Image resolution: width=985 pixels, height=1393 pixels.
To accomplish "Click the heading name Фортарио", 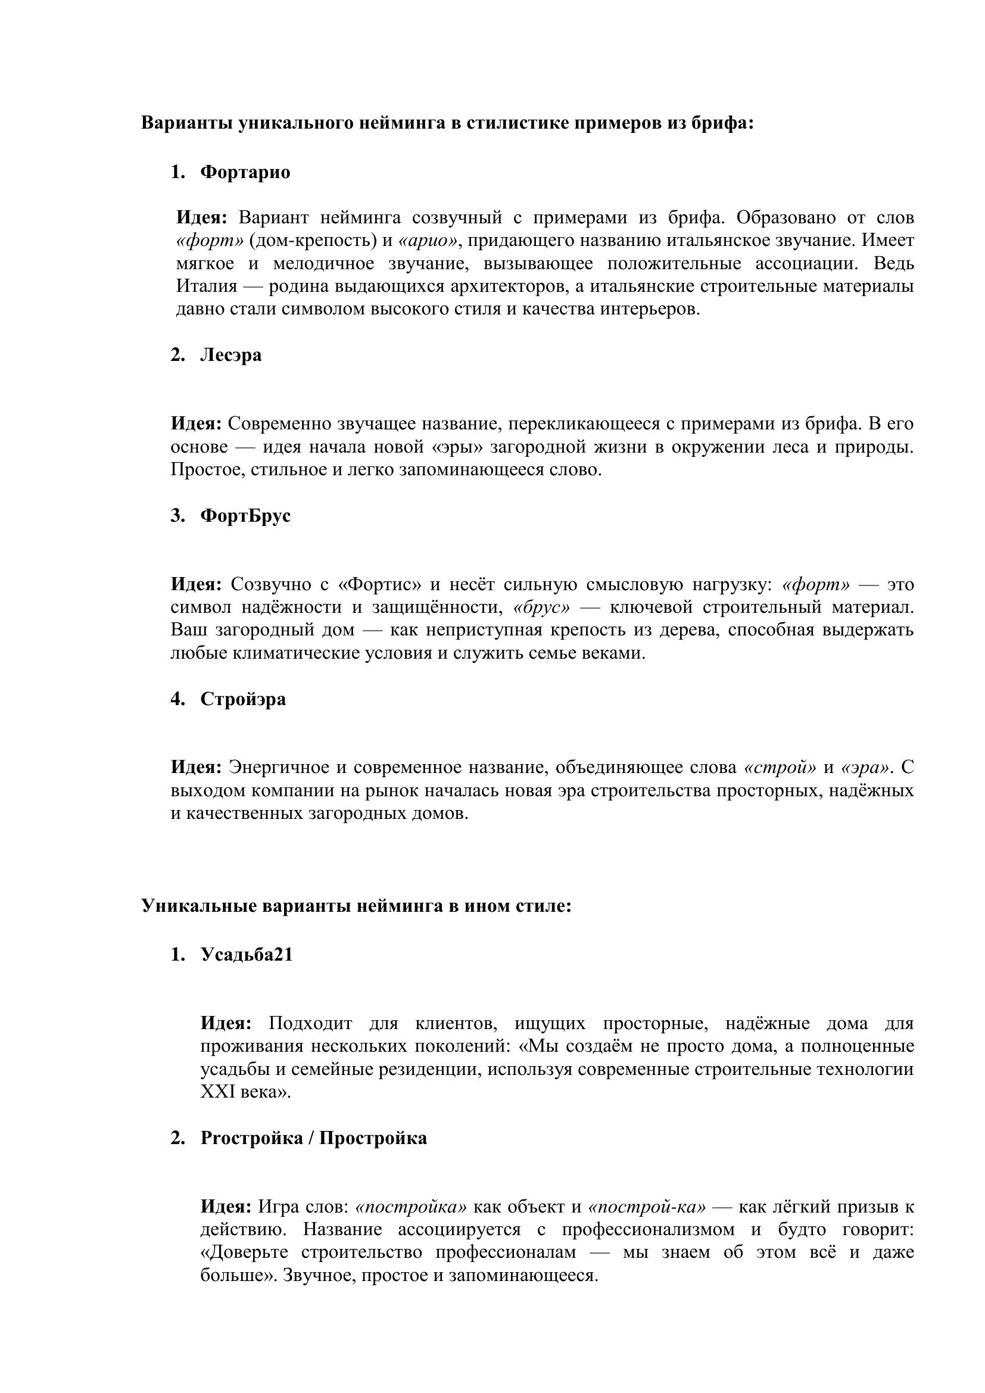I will pyautogui.click(x=245, y=172).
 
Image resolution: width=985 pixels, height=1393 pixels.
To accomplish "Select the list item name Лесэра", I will pyautogui.click(x=230, y=355).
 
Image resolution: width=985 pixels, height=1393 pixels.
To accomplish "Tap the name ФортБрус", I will pyautogui.click(x=245, y=516).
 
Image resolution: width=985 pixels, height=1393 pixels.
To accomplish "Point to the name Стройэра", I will pyautogui.click(x=242, y=699).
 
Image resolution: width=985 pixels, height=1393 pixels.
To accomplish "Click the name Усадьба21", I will pyautogui.click(x=247, y=954).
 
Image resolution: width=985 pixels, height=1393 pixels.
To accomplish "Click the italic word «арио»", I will pyautogui.click(x=428, y=241).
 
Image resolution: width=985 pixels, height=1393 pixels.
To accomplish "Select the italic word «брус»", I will pyautogui.click(x=541, y=607).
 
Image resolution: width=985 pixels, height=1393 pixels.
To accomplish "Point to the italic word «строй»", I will pyautogui.click(x=780, y=768).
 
